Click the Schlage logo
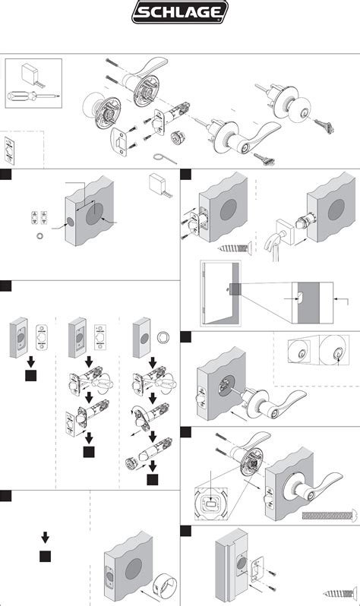[x=180, y=12]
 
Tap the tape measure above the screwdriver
[x=33, y=75]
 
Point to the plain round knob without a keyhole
[x=93, y=104]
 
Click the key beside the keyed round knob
[x=324, y=126]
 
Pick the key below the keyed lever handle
[x=264, y=159]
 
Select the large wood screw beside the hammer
[x=235, y=248]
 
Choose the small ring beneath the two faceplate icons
[x=39, y=235]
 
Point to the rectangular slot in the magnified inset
[x=210, y=504]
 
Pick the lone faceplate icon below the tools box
[x=10, y=150]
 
